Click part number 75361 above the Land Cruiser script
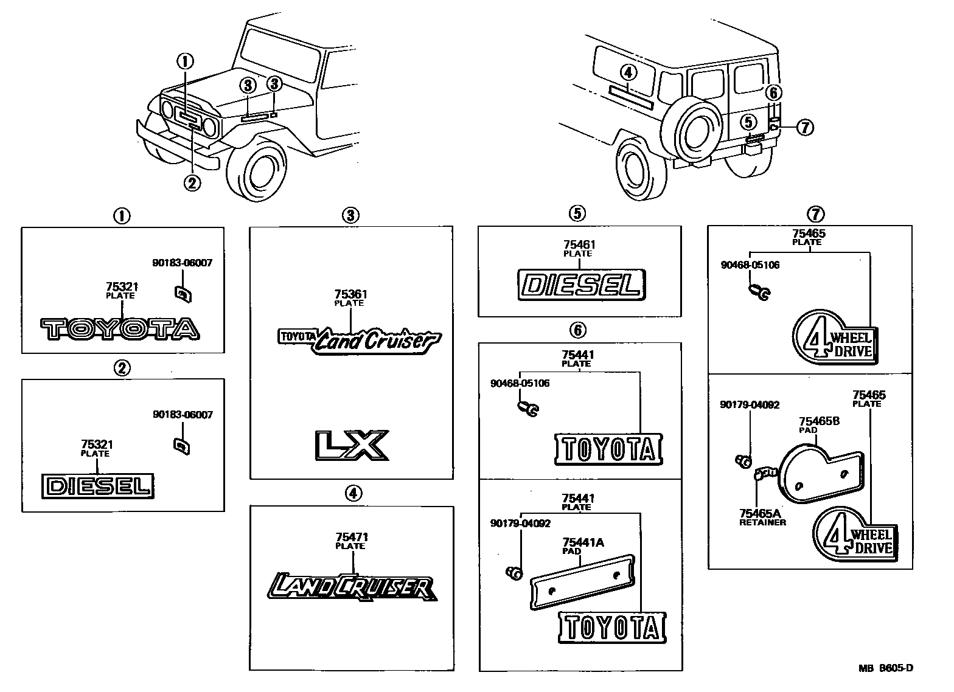point(352,294)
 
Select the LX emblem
point(351,445)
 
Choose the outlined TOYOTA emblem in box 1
point(120,329)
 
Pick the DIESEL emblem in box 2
point(98,486)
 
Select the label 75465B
point(819,421)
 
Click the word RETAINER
point(762,522)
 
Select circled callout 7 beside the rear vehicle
point(804,127)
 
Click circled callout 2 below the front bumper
point(192,182)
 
